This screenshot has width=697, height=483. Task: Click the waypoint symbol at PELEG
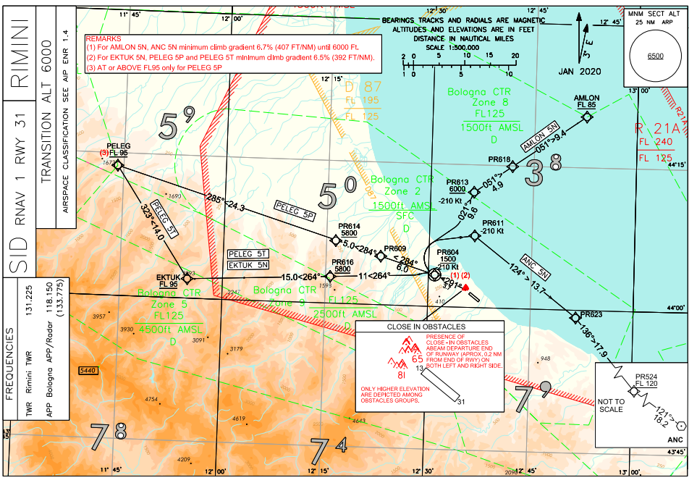[x=118, y=166]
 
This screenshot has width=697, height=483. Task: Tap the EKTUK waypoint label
[x=167, y=277]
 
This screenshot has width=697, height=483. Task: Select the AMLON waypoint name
[x=586, y=98]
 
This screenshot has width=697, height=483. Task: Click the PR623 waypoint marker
[x=575, y=316]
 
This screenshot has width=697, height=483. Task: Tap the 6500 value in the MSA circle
[x=656, y=56]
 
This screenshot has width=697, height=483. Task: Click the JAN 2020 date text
[x=580, y=72]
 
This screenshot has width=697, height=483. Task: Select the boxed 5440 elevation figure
[x=88, y=370]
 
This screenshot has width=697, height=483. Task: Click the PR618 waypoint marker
[x=512, y=167]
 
